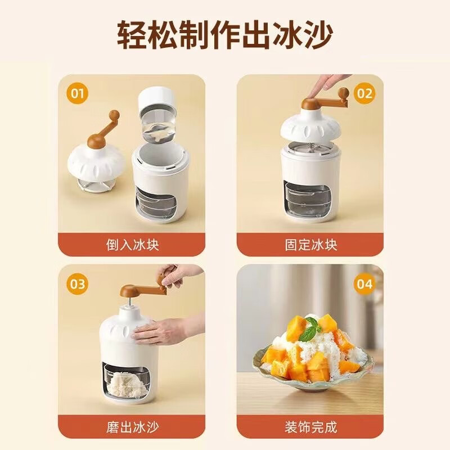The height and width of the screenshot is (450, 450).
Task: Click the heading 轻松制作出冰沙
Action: [225, 35]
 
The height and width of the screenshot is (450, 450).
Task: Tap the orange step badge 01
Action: [78, 93]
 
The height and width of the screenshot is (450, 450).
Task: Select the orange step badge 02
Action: [364, 93]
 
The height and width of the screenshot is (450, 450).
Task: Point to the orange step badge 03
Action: [78, 283]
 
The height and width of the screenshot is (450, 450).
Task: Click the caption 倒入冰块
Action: [132, 245]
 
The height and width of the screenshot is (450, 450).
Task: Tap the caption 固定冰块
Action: [311, 245]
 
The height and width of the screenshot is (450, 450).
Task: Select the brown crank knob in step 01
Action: [115, 115]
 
